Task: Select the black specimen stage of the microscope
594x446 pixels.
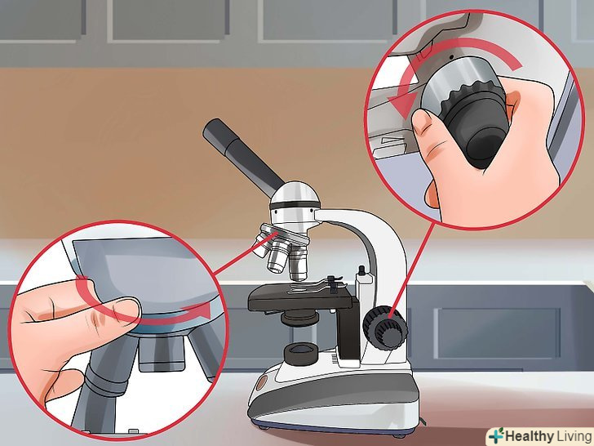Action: click(301, 298)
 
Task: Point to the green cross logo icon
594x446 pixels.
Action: click(496, 435)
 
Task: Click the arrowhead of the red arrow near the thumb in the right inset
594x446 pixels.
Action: click(404, 105)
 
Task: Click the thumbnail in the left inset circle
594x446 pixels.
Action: click(127, 308)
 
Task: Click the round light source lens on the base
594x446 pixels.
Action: click(301, 353)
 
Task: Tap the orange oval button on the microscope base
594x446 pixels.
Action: click(261, 384)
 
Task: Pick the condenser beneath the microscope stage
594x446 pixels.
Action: click(299, 318)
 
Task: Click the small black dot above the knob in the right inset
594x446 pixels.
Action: click(451, 56)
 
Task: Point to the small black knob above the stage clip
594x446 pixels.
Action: click(361, 271)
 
